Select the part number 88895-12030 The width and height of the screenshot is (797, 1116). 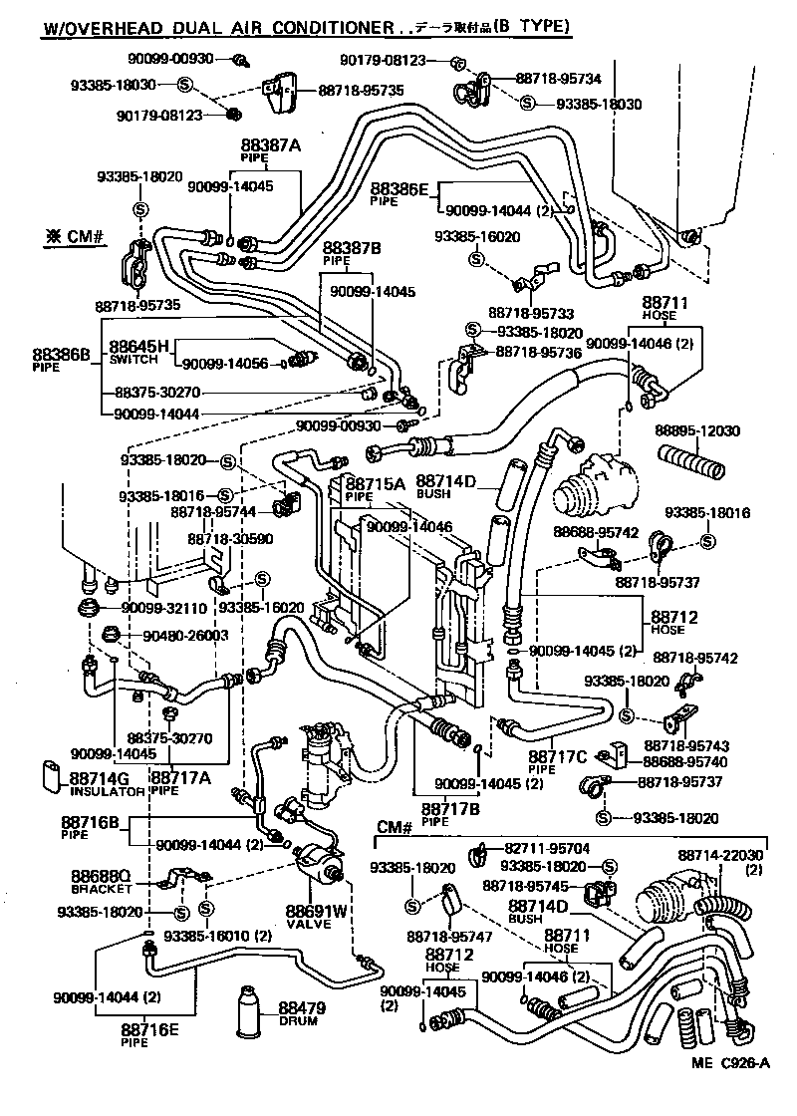click(697, 430)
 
